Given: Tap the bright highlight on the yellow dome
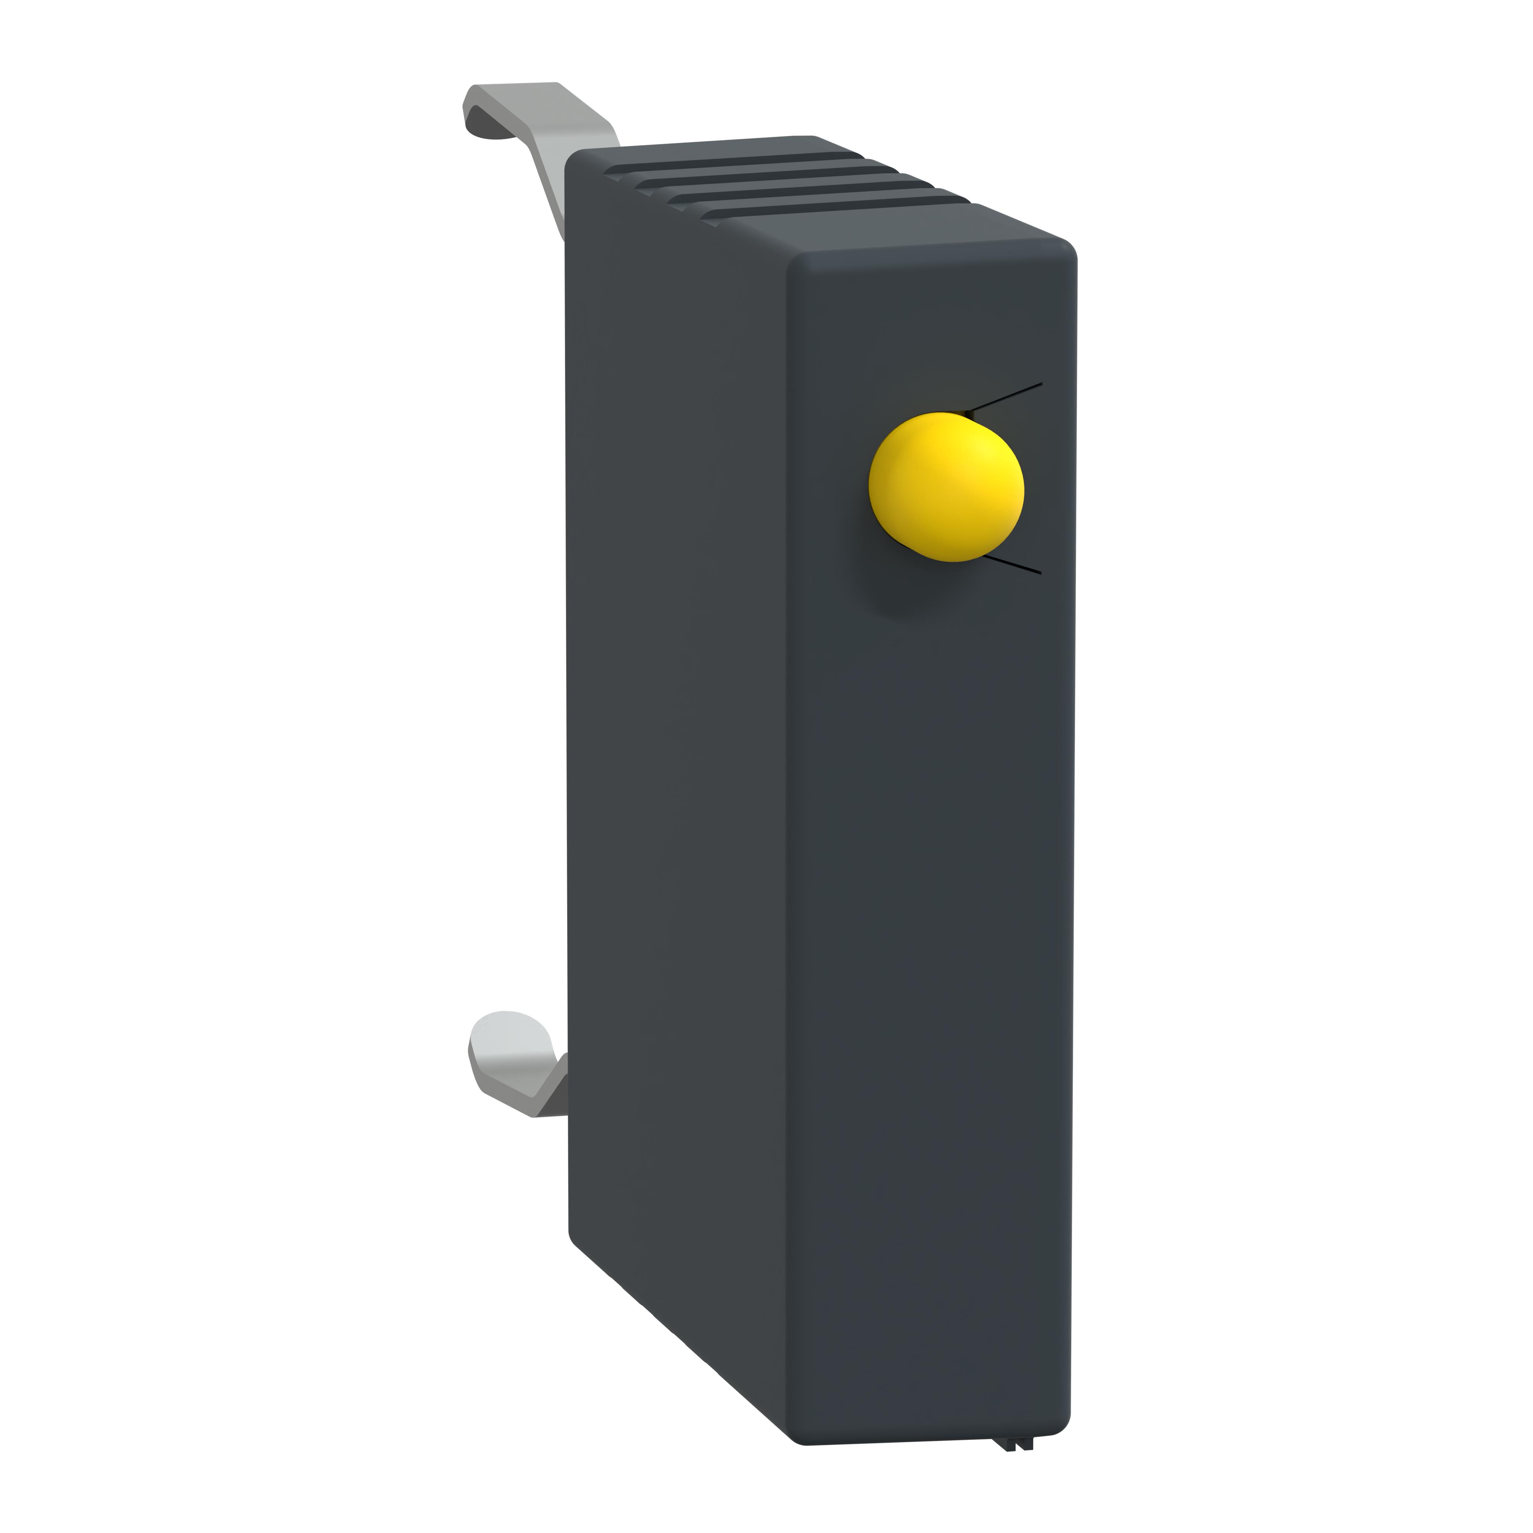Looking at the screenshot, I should pyautogui.click(x=988, y=456).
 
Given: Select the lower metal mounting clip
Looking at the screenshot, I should pyautogui.click(x=516, y=1063).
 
